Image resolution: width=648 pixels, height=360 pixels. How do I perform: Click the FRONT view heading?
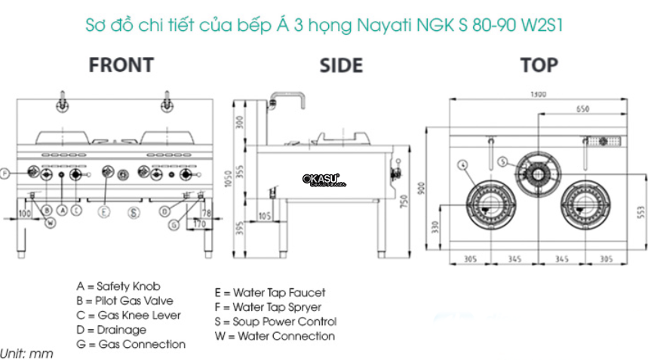[x=121, y=65]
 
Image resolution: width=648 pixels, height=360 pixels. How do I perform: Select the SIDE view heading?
[x=341, y=66]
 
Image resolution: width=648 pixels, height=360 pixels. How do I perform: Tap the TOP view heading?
[x=539, y=65]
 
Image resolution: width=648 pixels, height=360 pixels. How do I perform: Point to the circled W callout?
[x=50, y=222]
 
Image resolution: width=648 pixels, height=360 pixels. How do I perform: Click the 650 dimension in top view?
[x=583, y=109]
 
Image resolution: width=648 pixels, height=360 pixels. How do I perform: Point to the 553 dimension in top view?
[x=641, y=214]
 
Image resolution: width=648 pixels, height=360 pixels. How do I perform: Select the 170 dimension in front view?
[x=200, y=224]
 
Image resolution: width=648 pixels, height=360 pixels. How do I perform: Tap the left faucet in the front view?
[x=60, y=100]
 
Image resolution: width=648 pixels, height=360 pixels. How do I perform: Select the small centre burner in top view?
[x=538, y=173]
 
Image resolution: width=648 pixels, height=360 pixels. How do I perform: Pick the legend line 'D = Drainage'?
[x=112, y=330]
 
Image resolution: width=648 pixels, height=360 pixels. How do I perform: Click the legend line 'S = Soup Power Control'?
[x=275, y=322]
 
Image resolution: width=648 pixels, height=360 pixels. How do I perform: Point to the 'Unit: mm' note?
[x=27, y=353]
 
